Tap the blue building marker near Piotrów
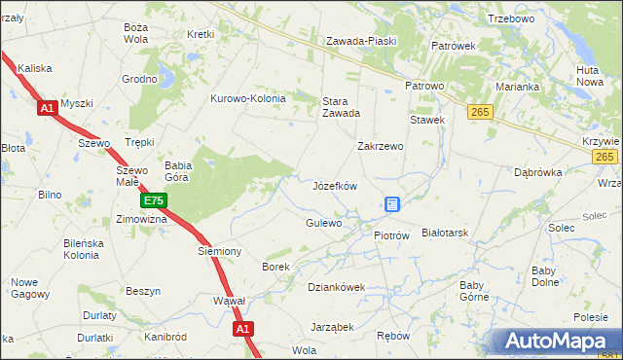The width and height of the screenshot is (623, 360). [392, 204]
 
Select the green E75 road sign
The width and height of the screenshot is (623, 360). [153, 201]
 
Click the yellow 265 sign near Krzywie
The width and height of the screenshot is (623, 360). [605, 157]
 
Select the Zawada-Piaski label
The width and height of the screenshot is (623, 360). [359, 41]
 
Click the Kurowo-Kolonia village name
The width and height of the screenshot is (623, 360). [248, 98]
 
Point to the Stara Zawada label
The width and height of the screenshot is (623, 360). [341, 106]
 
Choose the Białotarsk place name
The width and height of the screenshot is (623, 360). [446, 234]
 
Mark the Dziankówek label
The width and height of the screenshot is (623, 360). [336, 287]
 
